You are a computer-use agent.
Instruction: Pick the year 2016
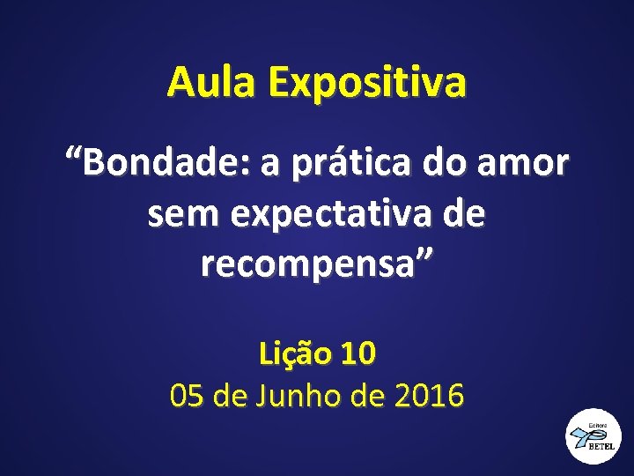click(x=429, y=397)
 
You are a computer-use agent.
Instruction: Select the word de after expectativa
click(x=465, y=214)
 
